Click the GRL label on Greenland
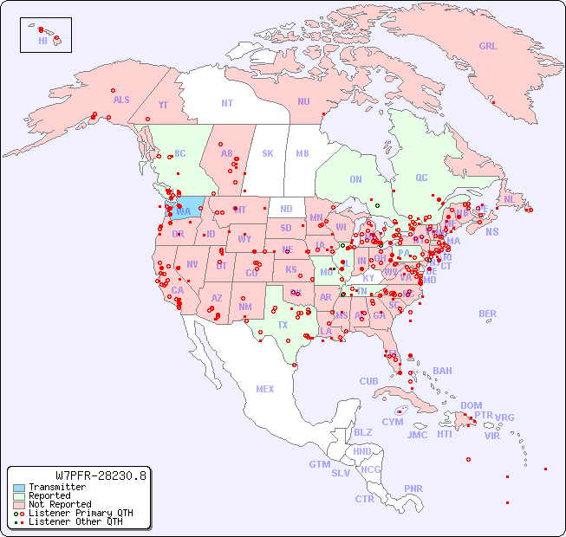pyautogui.click(x=488, y=47)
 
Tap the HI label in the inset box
pyautogui.click(x=42, y=41)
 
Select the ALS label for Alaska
pyautogui.click(x=121, y=100)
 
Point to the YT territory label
pyautogui.click(x=163, y=105)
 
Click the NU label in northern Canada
pyautogui.click(x=303, y=101)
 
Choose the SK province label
pyautogui.click(x=268, y=153)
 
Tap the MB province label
pyautogui.click(x=303, y=153)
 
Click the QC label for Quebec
pyautogui.click(x=421, y=178)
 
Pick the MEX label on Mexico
pyautogui.click(x=265, y=389)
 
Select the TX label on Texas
pyautogui.click(x=283, y=325)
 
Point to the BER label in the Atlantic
pyautogui.click(x=487, y=314)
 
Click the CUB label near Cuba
pyautogui.click(x=368, y=381)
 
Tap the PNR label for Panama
pyautogui.click(x=413, y=488)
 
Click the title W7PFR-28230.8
pyautogui.click(x=101, y=475)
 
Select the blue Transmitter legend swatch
pyautogui.click(x=18, y=488)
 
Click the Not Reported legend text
pyautogui.click(x=59, y=504)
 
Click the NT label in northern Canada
pyautogui.click(x=227, y=102)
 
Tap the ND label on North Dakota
pyautogui.click(x=286, y=209)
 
